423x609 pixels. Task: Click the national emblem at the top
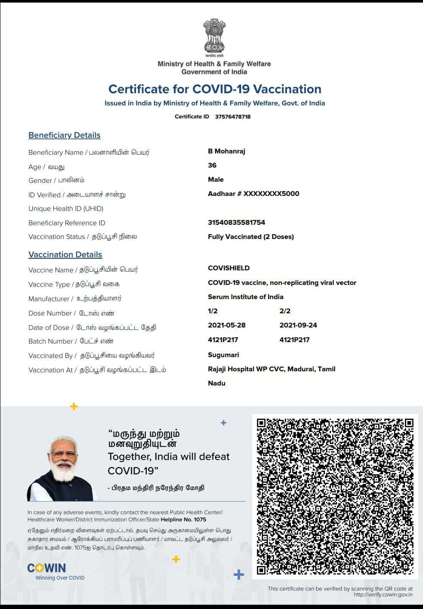pos(214,36)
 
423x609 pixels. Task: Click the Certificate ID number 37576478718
pos(232,116)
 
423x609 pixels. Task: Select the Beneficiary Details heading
pos(64,135)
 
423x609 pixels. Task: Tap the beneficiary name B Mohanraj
pos(226,151)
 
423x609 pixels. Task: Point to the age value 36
pos(212,165)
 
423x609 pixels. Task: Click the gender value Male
pos(216,180)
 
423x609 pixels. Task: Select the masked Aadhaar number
pos(253,194)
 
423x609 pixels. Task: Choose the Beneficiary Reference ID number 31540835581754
pos(236,223)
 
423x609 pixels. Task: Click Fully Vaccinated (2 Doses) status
pos(250,237)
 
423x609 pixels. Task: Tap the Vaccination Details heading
pos(65,254)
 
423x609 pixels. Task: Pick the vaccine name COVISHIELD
pos(228,268)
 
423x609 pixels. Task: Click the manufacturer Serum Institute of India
pos(245,297)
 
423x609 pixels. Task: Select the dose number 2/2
pos(285,311)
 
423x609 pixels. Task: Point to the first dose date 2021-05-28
pos(226,325)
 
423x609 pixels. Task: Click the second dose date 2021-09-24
pos(298,325)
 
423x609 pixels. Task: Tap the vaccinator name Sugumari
pos(223,355)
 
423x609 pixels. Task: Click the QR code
pos(335,496)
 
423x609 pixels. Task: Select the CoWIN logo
pos(46,568)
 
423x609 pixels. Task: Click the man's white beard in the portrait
pos(64,472)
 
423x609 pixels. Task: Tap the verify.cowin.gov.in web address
pos(383,595)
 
